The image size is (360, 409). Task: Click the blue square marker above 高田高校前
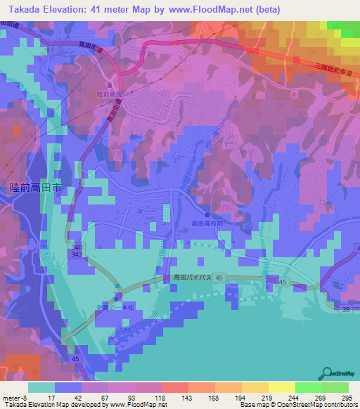click(x=207, y=214)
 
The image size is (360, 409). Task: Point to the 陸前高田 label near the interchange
click(x=109, y=93)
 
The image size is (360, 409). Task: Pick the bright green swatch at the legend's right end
click(x=335, y=387)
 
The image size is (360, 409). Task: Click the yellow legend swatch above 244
click(x=281, y=387)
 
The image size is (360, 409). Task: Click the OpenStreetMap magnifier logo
click(x=327, y=372)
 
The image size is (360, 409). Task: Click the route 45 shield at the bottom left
click(x=75, y=358)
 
